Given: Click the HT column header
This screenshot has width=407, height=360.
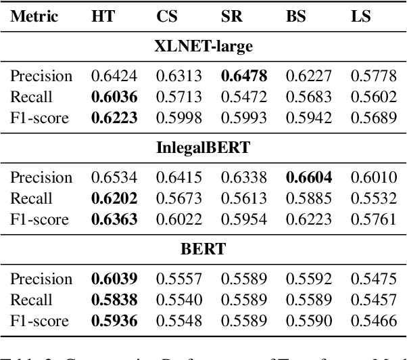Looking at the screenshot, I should coord(103,16).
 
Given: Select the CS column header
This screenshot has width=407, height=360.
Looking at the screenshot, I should coord(168,16).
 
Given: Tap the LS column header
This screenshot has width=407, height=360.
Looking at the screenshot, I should coord(360,16).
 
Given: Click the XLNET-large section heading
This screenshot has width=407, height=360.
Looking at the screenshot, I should coord(203,46).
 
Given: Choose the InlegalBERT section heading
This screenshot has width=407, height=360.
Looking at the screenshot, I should coord(203,148).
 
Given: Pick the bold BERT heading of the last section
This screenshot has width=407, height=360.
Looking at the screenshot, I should coord(203,249).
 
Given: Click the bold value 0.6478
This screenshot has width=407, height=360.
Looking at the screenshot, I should coord(243,76).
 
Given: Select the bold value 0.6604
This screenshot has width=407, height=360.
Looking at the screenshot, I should coord(308,178).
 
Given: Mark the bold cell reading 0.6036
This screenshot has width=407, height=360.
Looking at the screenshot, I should coord(114,97).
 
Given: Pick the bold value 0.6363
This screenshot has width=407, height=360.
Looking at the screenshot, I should coord(114,219).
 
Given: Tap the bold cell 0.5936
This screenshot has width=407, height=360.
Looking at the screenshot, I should coord(114,321).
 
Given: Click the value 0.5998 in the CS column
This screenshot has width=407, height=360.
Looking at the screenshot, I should coord(178,118).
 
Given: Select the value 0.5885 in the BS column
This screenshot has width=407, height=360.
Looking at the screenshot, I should coord(308,199).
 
